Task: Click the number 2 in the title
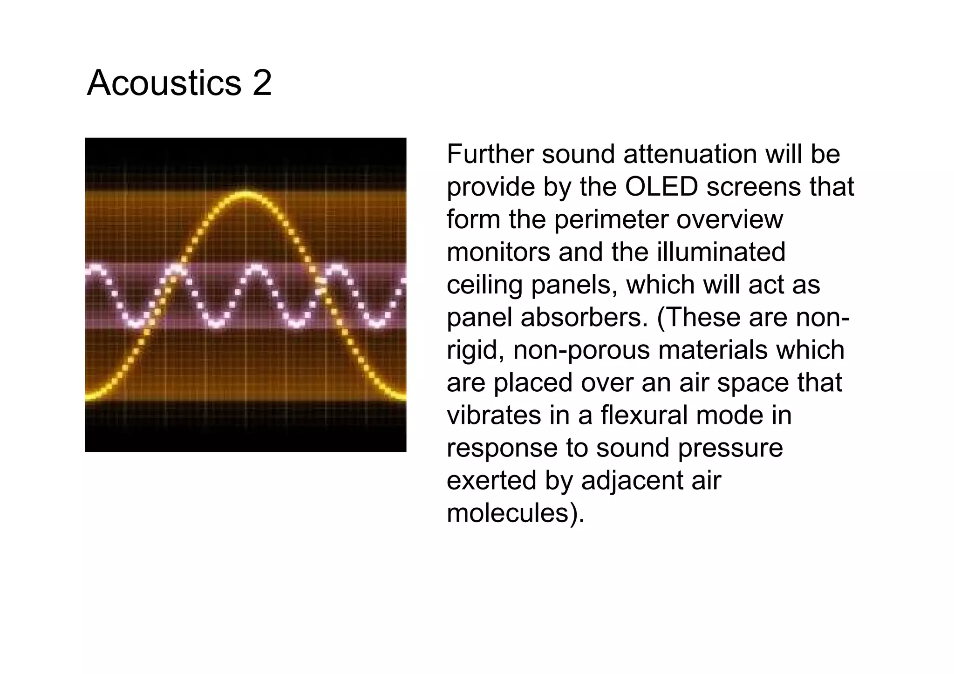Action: point(262,83)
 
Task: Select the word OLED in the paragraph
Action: point(661,187)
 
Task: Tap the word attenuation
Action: point(690,154)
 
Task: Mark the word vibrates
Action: point(494,415)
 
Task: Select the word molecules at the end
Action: point(507,513)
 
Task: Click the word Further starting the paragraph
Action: point(490,154)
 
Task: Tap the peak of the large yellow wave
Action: point(245,193)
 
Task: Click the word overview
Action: point(729,220)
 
